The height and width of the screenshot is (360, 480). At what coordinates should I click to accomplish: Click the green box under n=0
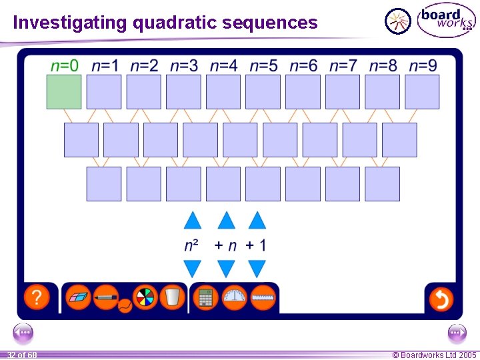point(64,91)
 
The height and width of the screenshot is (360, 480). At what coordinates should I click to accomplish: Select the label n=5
point(263,65)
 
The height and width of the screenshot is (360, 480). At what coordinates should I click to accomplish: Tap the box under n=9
point(422,91)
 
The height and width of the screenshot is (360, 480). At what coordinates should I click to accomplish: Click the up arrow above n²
point(192,220)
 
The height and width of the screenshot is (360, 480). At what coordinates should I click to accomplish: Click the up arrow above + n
point(227,220)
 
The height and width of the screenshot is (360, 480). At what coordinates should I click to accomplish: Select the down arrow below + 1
point(257,269)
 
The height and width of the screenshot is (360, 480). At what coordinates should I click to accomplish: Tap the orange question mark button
point(37,297)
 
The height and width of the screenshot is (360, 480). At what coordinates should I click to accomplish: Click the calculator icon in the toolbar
point(205,297)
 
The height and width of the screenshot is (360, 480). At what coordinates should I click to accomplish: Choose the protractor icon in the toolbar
point(234,297)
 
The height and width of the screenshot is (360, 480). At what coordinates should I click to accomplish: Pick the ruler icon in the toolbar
point(263,297)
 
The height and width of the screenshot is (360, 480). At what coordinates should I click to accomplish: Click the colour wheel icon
point(145,297)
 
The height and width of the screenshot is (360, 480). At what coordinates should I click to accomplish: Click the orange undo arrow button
point(441,298)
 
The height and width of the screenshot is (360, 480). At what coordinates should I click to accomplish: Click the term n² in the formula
point(191,245)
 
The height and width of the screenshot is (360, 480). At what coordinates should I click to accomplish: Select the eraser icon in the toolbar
point(79,297)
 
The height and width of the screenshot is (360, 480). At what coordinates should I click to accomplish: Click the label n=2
point(144,65)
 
